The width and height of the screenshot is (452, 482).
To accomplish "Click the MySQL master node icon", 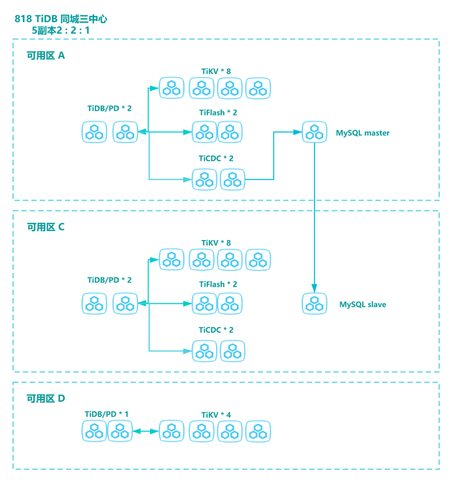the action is pos(314,132).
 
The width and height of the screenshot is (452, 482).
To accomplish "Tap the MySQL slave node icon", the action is pos(314,303).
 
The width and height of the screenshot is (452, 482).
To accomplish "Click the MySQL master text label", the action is pos(363,133).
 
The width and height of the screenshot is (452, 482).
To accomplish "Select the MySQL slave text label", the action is pos(363,305).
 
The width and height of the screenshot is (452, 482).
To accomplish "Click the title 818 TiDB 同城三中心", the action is pos(61,19).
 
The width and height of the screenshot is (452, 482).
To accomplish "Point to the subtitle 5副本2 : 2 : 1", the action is pos(61,30).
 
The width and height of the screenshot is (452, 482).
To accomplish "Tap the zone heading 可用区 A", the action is pos(46,56).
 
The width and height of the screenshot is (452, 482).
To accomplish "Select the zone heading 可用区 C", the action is pos(46,227).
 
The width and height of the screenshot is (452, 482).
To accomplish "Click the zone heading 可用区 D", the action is pos(46,398).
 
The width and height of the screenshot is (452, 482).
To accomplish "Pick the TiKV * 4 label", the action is pos(216,415).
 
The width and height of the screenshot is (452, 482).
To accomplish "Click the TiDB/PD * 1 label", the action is pos(107,414).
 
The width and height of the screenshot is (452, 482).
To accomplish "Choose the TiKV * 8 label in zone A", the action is pos(216,72).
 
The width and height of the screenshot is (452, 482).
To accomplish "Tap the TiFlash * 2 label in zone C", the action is pos(218,284).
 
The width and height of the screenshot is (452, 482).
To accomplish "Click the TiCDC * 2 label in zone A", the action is pos(216,158).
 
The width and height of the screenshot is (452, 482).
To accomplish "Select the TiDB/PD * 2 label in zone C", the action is pos(109,280).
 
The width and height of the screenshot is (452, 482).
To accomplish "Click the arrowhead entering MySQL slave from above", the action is pos(314,289).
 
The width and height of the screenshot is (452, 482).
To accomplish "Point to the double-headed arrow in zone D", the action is pos(146,431).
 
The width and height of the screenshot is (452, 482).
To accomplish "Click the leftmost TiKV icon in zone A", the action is pos(172,88).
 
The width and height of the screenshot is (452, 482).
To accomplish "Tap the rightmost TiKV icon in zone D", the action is pos(258,431).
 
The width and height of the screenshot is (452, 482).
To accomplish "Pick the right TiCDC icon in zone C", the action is pos(232,351).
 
